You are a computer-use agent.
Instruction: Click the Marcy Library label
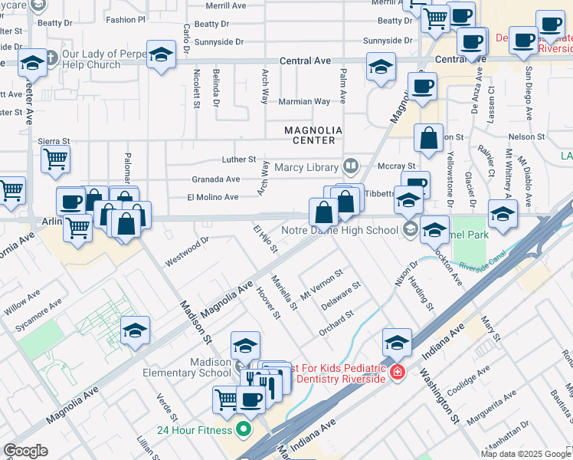[311, 166]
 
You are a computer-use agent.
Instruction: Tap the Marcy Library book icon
[350, 166]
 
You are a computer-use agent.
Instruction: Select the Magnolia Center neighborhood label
[310, 136]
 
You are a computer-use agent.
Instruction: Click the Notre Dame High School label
[341, 228]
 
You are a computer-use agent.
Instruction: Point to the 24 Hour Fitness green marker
[244, 428]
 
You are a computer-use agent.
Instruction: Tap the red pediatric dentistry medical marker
[397, 373]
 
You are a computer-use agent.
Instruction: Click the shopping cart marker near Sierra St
[56, 159]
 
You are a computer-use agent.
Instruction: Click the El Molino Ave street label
[213, 197]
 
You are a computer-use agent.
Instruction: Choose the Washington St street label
[439, 397]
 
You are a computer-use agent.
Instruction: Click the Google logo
[25, 451]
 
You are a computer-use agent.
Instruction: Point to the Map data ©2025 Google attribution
[525, 454]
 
